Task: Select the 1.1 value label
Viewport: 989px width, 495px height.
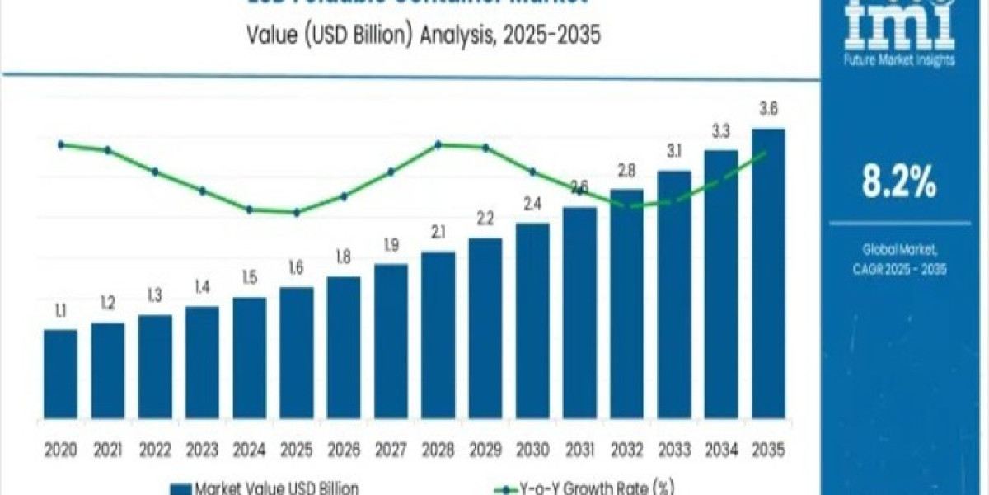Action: click(61, 312)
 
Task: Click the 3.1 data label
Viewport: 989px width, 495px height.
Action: click(674, 151)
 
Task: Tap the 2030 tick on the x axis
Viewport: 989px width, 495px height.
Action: click(532, 450)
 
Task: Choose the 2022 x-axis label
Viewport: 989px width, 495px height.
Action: click(155, 450)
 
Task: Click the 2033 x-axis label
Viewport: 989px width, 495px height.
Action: click(674, 450)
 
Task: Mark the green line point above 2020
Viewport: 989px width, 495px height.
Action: click(61, 144)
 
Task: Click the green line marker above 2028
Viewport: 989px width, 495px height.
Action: click(438, 144)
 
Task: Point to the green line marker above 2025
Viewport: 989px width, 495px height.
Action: click(297, 212)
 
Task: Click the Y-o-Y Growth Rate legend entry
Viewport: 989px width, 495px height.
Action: click(597, 487)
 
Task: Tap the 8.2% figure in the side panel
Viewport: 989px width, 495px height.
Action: click(899, 183)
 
